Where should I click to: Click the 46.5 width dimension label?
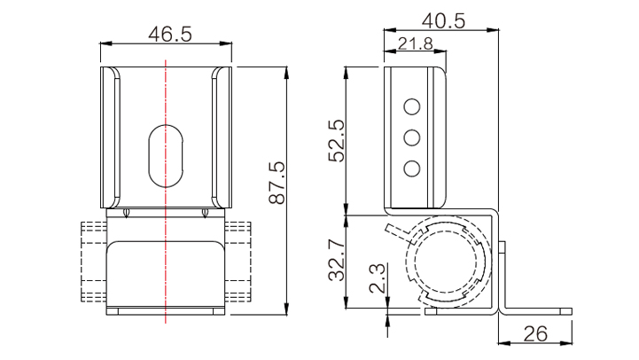[170, 35]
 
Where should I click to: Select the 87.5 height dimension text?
[277, 183]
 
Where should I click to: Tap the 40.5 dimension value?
[443, 20]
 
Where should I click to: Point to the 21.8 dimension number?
[416, 43]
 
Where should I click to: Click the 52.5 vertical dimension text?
[337, 141]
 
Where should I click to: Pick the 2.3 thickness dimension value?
[377, 278]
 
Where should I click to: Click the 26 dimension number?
[535, 334]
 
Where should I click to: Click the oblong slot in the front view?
[166, 156]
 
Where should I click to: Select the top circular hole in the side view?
[412, 106]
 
